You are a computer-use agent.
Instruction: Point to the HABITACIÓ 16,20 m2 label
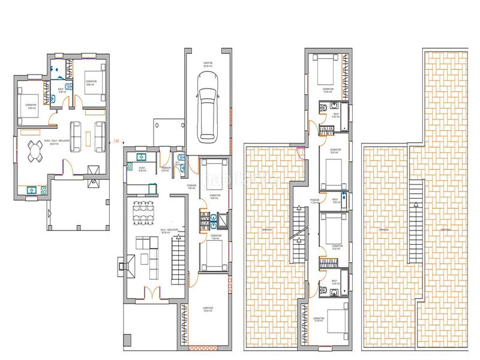209,311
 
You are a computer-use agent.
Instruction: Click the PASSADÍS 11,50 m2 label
314,201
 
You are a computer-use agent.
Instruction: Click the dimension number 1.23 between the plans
116,140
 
